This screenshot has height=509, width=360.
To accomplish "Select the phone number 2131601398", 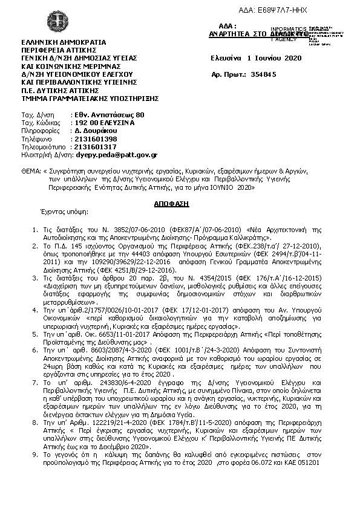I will [94, 138].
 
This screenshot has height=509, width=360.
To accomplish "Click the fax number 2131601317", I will [94, 147].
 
